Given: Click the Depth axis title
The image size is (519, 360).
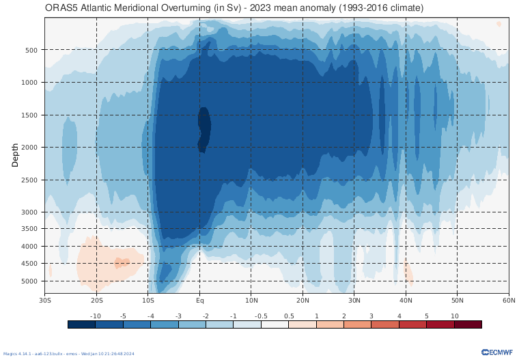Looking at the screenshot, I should tap(15, 155).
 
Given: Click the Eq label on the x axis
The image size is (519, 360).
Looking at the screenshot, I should tap(200, 301).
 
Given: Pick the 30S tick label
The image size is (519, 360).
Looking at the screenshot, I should tap(45, 301).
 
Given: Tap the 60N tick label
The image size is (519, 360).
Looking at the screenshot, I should tap(508, 301).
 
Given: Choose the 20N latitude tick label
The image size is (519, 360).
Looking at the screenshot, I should tap(303, 301).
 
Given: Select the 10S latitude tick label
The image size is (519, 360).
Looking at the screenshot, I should tap(148, 301).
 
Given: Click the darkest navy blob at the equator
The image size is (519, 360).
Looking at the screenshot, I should tap(204, 128).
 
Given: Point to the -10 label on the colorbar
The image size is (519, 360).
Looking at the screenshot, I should tap(96, 316).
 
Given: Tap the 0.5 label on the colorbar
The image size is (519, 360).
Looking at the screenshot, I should tap(289, 316).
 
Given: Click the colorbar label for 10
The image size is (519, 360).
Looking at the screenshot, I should tap(454, 316).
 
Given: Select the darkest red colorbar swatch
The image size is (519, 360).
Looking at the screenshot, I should tap(468, 324).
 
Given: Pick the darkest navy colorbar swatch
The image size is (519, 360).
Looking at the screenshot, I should tap(82, 324).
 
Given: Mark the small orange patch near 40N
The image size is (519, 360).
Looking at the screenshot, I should tap(408, 274).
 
